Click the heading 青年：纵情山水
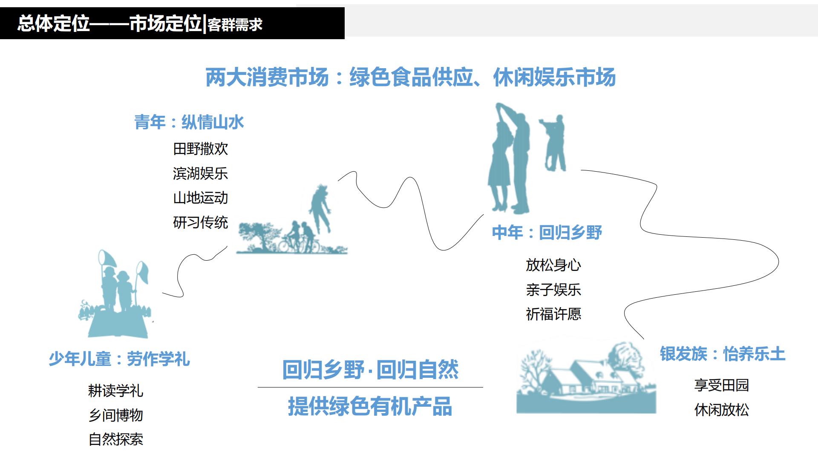tap(189, 122)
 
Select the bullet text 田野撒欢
tap(200, 149)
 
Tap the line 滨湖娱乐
tap(200, 173)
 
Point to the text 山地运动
tap(200, 198)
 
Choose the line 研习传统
tap(200, 222)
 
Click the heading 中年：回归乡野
tap(547, 233)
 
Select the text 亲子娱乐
tap(553, 290)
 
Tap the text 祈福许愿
tap(553, 314)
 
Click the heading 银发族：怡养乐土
tap(722, 354)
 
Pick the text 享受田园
tap(721, 385)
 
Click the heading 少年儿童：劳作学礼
tap(119, 359)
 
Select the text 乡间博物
tap(115, 415)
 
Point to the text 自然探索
tap(115, 440)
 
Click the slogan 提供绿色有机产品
tap(370, 406)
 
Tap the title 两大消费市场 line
tap(410, 78)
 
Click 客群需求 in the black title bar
tap(235, 25)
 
